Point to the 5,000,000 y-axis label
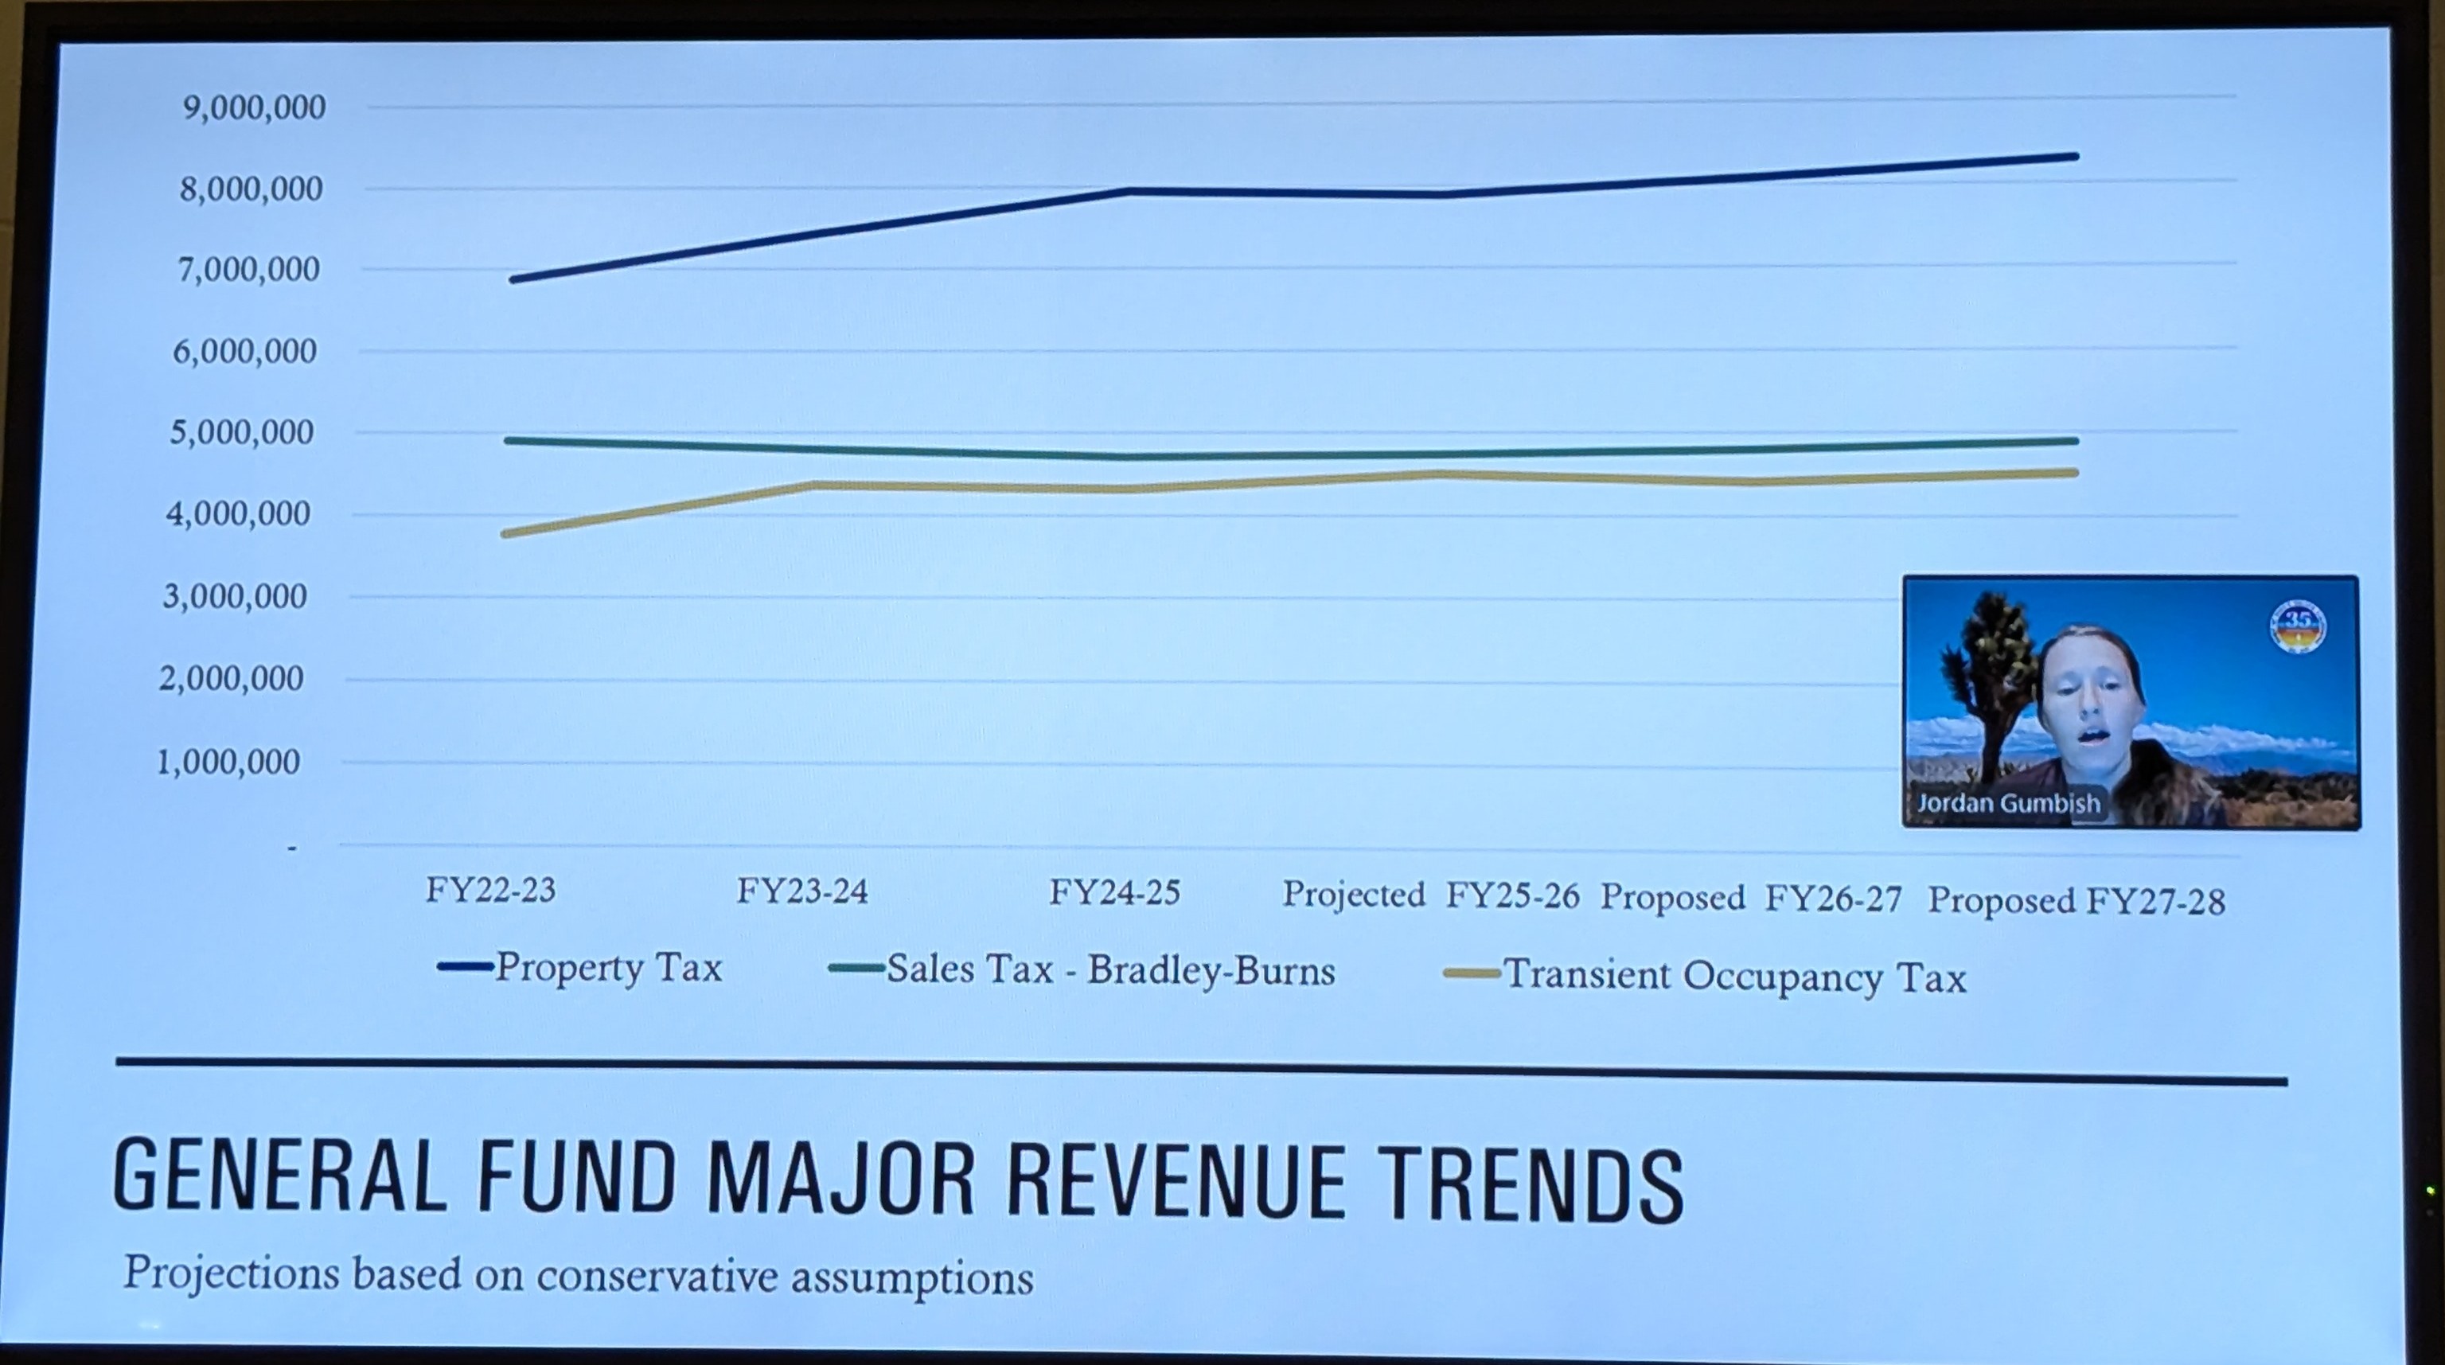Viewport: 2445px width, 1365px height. (x=241, y=433)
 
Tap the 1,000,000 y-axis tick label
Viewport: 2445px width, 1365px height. (x=228, y=761)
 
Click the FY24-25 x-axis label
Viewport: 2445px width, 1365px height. (x=1114, y=892)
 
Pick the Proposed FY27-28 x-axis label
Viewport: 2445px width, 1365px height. (x=2076, y=900)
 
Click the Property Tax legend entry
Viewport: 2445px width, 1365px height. (x=581, y=967)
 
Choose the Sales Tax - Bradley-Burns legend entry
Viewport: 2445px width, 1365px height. (x=1082, y=970)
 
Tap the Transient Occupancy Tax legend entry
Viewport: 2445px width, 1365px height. (x=1705, y=976)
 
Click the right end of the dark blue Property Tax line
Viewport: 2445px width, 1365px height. (x=2076, y=157)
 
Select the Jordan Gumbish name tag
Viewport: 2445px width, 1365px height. (x=2007, y=803)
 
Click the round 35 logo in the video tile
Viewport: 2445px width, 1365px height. (x=2297, y=627)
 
